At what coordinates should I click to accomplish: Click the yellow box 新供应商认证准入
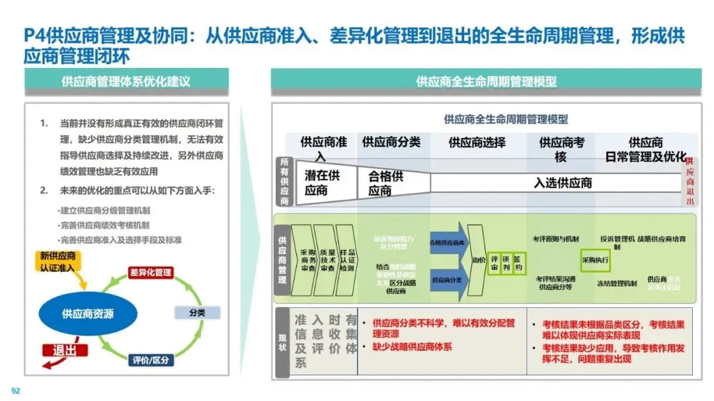[x=58, y=262]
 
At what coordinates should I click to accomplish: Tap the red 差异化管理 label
[x=150, y=272]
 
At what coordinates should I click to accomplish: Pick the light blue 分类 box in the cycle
[x=197, y=312]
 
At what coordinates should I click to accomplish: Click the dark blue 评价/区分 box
[x=151, y=360]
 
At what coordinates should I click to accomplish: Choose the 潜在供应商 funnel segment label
[x=322, y=183]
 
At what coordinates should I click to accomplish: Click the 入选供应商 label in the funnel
[x=563, y=183]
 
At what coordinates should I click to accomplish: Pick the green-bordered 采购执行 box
[x=595, y=260]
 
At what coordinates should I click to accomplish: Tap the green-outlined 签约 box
[x=518, y=264]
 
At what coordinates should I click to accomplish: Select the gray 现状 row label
[x=283, y=342]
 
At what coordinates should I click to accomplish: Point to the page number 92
[x=16, y=390]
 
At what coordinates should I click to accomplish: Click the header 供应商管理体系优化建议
[x=126, y=81]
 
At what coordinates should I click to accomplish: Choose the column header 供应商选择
[x=477, y=142]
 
